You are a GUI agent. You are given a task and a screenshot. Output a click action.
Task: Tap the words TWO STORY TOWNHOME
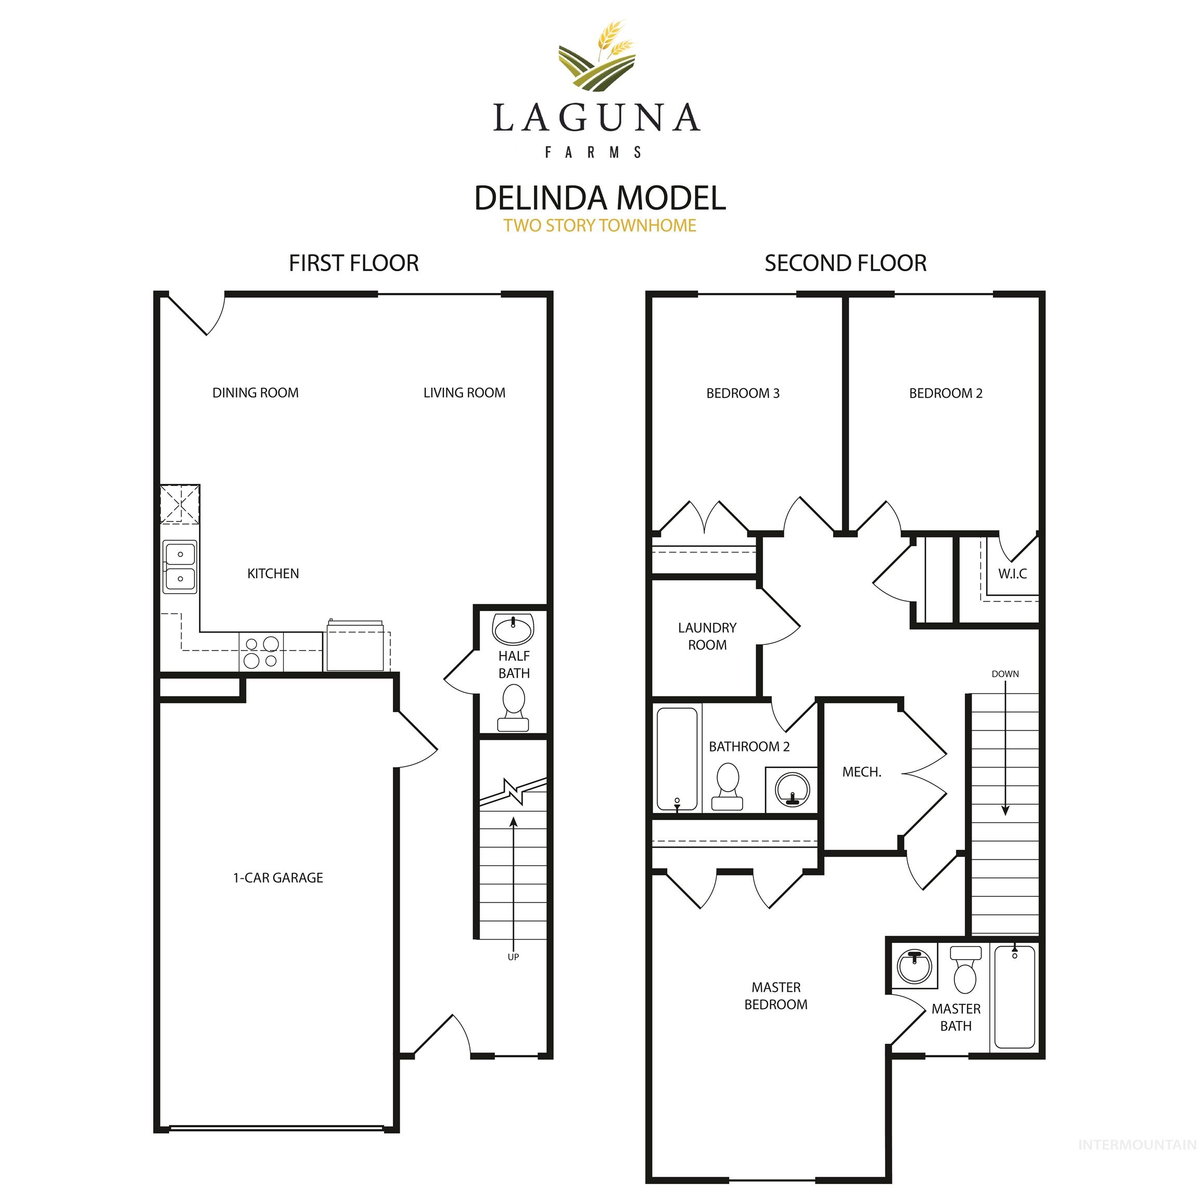(x=599, y=225)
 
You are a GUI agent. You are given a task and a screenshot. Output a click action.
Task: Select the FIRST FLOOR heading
(x=354, y=263)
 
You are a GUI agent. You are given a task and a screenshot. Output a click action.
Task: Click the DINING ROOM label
(x=255, y=393)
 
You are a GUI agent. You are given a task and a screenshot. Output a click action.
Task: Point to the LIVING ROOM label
(x=464, y=393)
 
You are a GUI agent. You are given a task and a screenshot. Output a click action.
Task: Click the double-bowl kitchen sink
(x=180, y=567)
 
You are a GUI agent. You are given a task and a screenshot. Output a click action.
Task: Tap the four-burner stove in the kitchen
(x=261, y=652)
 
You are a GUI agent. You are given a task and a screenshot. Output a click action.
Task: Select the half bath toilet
(x=513, y=708)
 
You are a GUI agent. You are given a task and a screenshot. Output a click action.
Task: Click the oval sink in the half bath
(x=513, y=629)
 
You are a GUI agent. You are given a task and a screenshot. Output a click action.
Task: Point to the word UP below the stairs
(x=513, y=957)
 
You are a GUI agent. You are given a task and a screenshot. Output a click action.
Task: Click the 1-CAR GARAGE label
(x=278, y=877)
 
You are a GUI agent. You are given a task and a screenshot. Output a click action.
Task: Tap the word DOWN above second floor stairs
(x=1005, y=674)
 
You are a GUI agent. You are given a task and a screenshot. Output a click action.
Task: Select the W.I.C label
(x=1012, y=574)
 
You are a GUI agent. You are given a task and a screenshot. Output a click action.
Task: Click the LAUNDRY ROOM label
(x=707, y=636)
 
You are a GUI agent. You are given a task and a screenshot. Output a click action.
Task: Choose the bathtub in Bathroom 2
(x=677, y=759)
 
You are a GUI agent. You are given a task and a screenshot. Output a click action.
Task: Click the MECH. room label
(x=861, y=772)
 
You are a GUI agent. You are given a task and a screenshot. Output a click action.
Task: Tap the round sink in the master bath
(x=915, y=967)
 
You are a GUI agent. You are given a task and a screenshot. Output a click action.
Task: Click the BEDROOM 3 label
(x=743, y=393)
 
